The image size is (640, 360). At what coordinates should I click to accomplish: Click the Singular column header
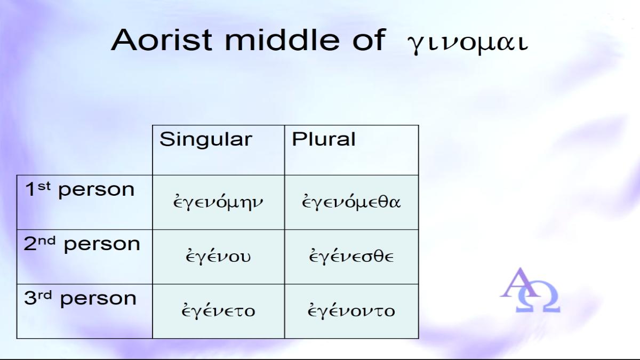point(206,139)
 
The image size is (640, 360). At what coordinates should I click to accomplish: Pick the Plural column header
point(323,139)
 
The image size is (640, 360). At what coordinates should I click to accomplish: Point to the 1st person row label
point(79,189)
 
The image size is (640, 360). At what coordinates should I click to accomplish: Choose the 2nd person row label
point(82,244)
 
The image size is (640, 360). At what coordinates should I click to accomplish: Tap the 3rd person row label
point(81,298)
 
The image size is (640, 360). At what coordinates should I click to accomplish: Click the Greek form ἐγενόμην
point(218,202)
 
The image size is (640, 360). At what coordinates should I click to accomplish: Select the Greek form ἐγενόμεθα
point(351,202)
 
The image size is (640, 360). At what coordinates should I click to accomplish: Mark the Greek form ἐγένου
point(218,256)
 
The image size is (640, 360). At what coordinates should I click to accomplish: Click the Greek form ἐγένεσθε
point(351,256)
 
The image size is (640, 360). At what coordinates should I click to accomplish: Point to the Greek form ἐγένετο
point(218,310)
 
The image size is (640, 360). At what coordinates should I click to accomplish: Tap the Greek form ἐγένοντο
point(351,310)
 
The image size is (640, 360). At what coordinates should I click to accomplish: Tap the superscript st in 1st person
point(44,186)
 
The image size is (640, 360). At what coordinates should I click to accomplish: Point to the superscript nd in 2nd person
point(47,241)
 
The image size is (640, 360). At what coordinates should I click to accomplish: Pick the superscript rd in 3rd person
point(45,295)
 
